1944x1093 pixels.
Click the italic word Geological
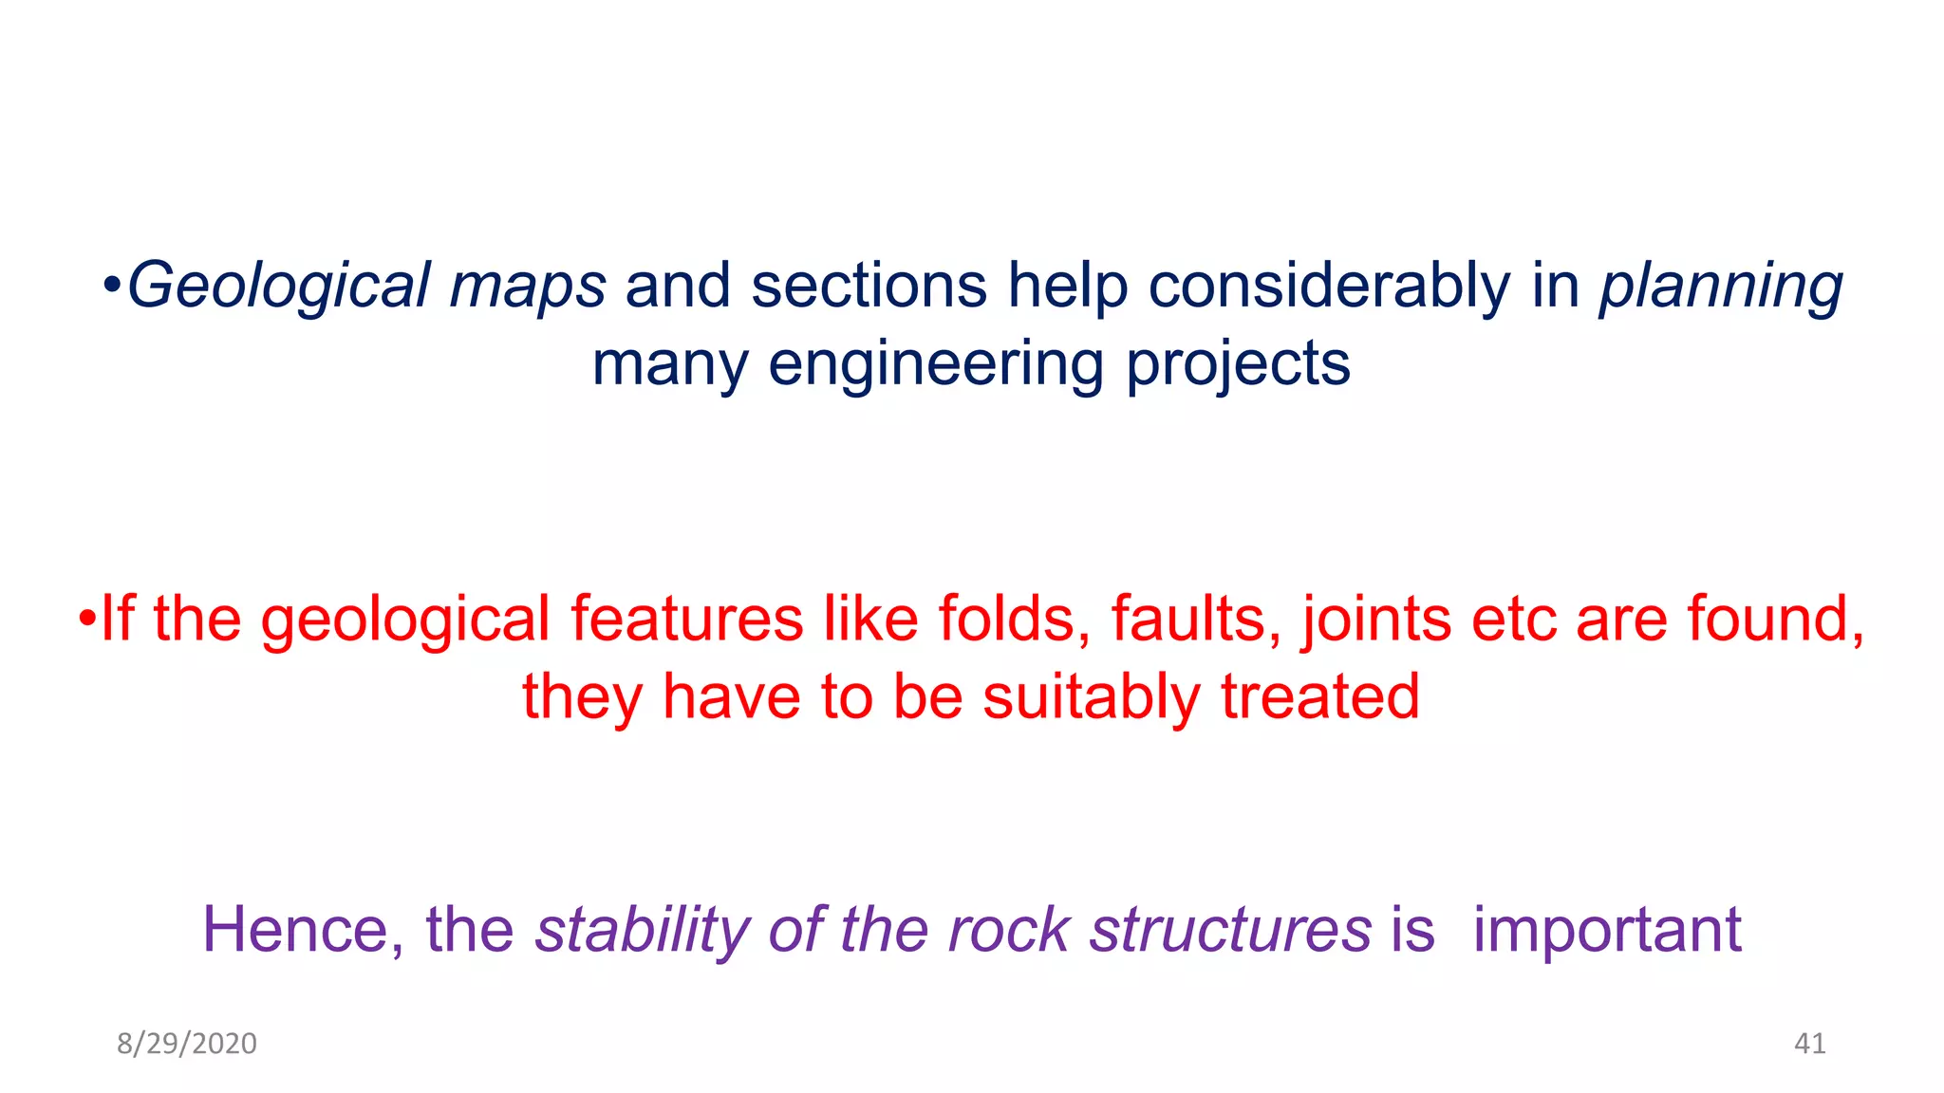point(278,287)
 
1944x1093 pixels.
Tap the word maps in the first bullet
point(527,287)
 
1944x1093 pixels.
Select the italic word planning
point(1721,287)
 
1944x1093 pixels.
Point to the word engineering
point(936,364)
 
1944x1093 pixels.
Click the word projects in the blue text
point(1238,364)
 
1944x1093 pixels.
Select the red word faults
point(1196,619)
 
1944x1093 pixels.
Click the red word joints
point(1375,619)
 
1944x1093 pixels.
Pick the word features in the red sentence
point(686,619)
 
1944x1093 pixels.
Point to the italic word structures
point(1230,929)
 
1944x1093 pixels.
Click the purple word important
point(1607,931)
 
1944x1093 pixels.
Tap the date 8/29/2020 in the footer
point(187,1044)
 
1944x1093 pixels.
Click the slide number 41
point(1809,1044)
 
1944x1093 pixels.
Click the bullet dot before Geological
point(112,285)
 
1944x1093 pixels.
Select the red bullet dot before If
point(87,619)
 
